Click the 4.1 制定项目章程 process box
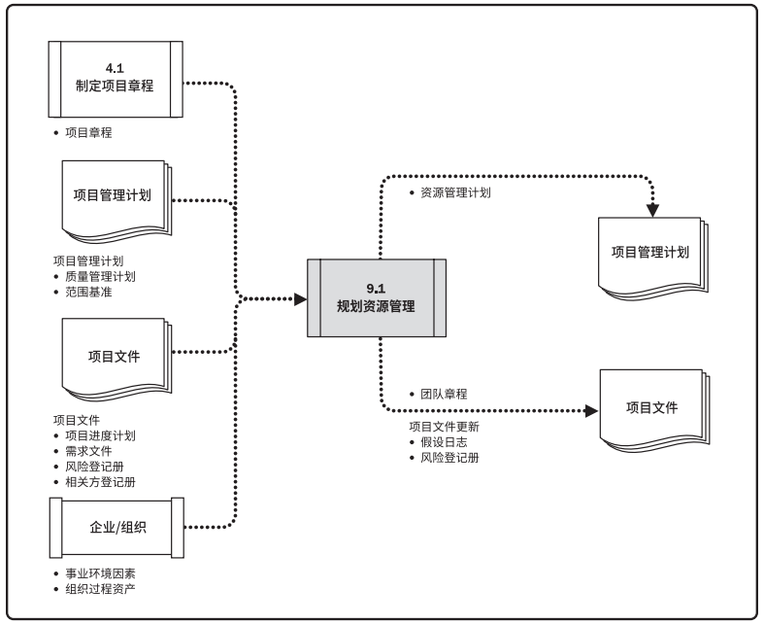pyautogui.click(x=116, y=78)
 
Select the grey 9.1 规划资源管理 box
pyautogui.click(x=377, y=297)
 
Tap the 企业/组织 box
pyautogui.click(x=116, y=527)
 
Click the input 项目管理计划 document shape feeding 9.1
pyautogui.click(x=113, y=194)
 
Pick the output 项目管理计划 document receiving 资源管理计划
pyautogui.click(x=649, y=252)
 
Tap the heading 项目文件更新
pyautogui.click(x=444, y=426)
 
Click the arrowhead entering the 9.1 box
pyautogui.click(x=301, y=298)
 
